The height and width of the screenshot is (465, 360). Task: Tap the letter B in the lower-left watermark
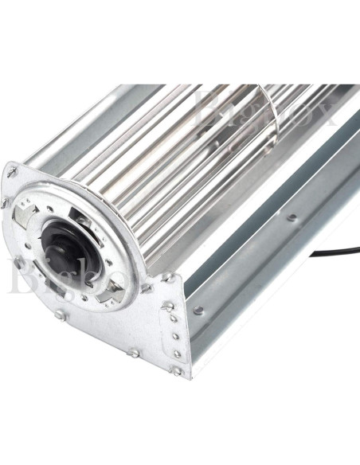[x=18, y=275]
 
